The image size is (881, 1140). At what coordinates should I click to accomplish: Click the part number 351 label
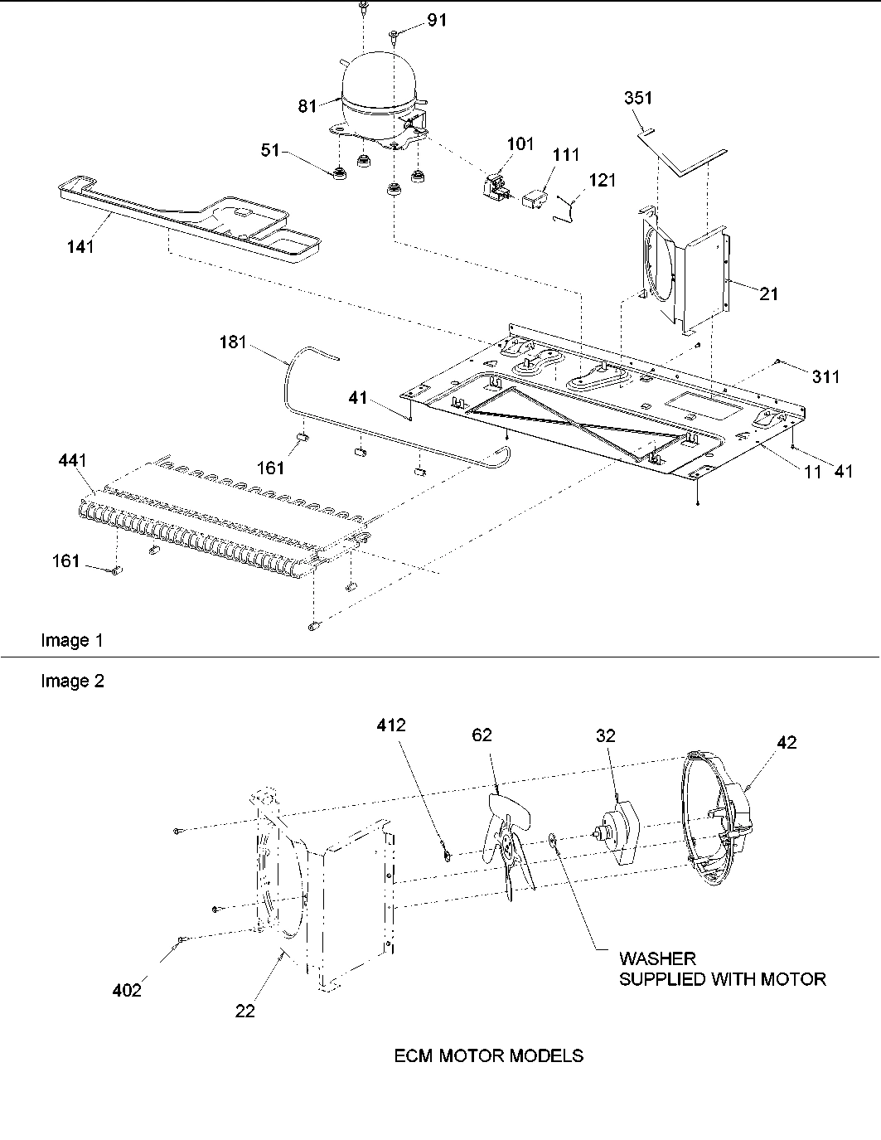(638, 98)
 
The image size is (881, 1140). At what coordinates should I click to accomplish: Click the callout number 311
(825, 377)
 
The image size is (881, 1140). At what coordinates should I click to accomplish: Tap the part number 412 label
(390, 725)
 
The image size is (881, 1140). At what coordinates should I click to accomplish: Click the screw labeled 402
(179, 939)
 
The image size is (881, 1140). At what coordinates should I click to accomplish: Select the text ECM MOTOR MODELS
(488, 1056)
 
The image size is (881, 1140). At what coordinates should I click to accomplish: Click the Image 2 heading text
(72, 682)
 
